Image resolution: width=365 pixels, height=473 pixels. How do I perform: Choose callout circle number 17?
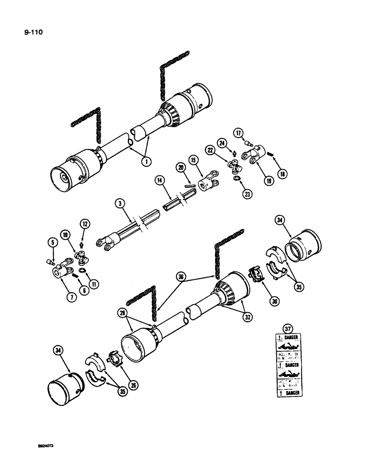click(x=239, y=133)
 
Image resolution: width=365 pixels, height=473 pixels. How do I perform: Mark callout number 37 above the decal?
click(x=287, y=328)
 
